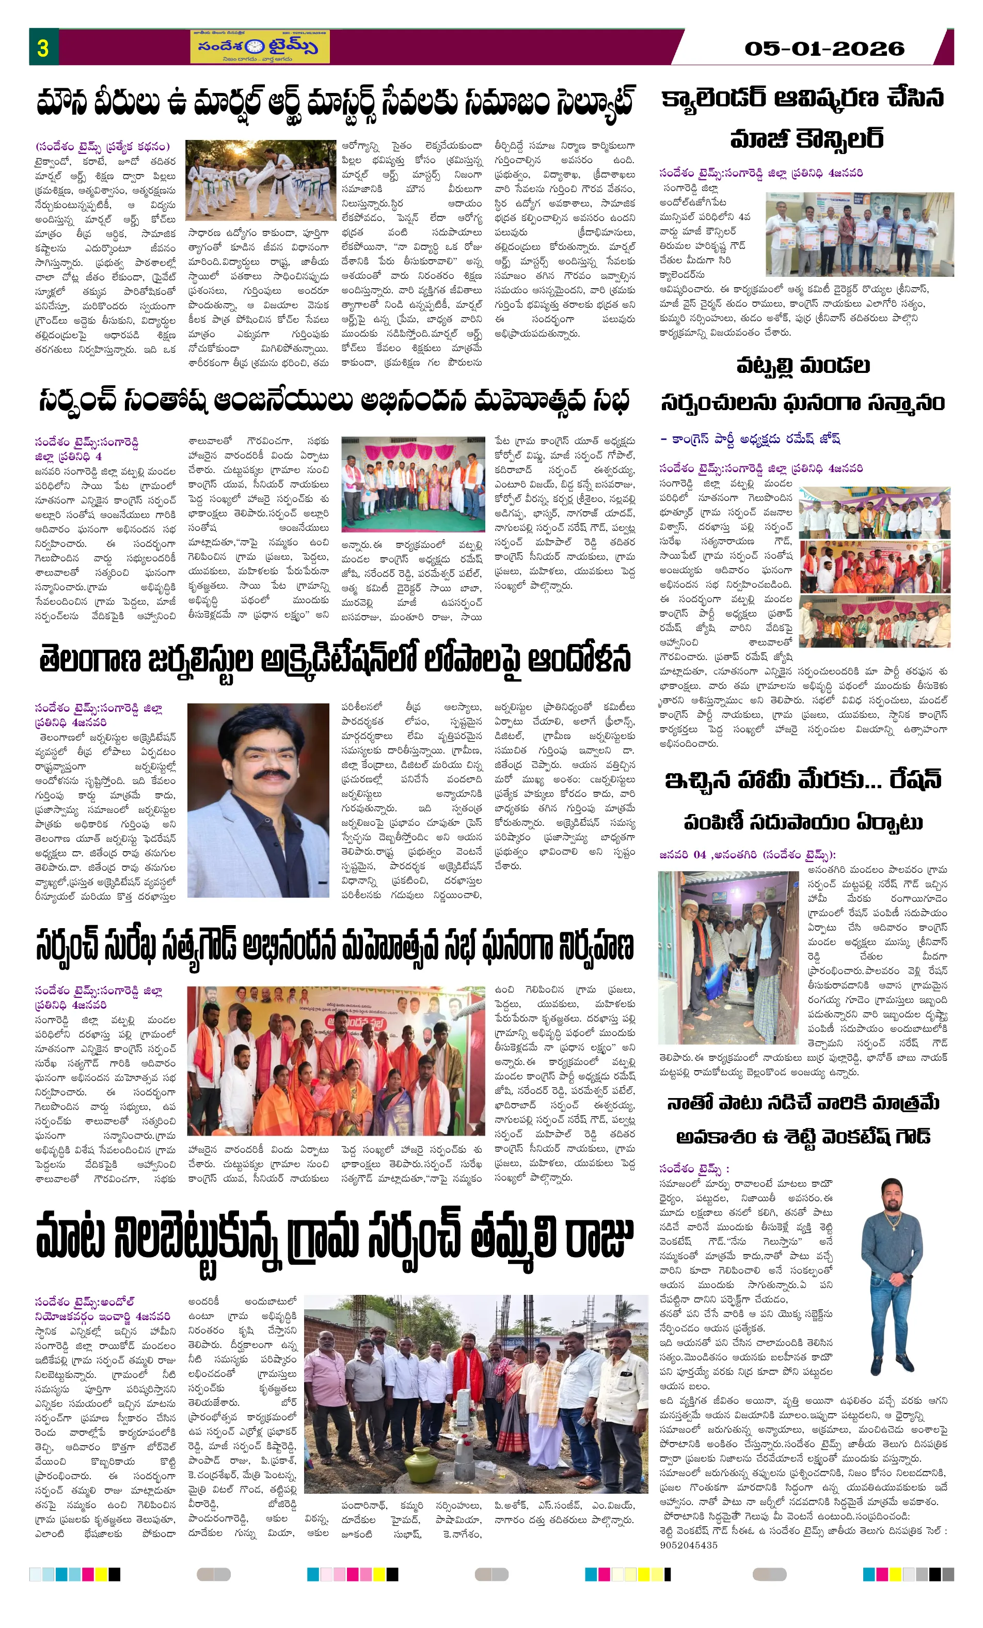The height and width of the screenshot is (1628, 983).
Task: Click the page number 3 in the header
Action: coord(43,48)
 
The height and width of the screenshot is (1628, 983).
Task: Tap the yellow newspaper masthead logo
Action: coord(259,47)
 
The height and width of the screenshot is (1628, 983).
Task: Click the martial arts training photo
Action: coord(260,179)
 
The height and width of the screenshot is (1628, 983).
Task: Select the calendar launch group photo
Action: coord(859,234)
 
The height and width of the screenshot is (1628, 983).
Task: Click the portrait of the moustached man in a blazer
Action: coord(258,800)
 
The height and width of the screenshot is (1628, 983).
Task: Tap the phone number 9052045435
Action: coord(688,1545)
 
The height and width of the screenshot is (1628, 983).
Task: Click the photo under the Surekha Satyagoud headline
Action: coord(336,1065)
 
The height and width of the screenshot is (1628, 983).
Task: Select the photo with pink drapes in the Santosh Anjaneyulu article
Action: coord(413,483)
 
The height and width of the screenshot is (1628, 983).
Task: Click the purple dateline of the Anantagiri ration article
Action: coord(747,854)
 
